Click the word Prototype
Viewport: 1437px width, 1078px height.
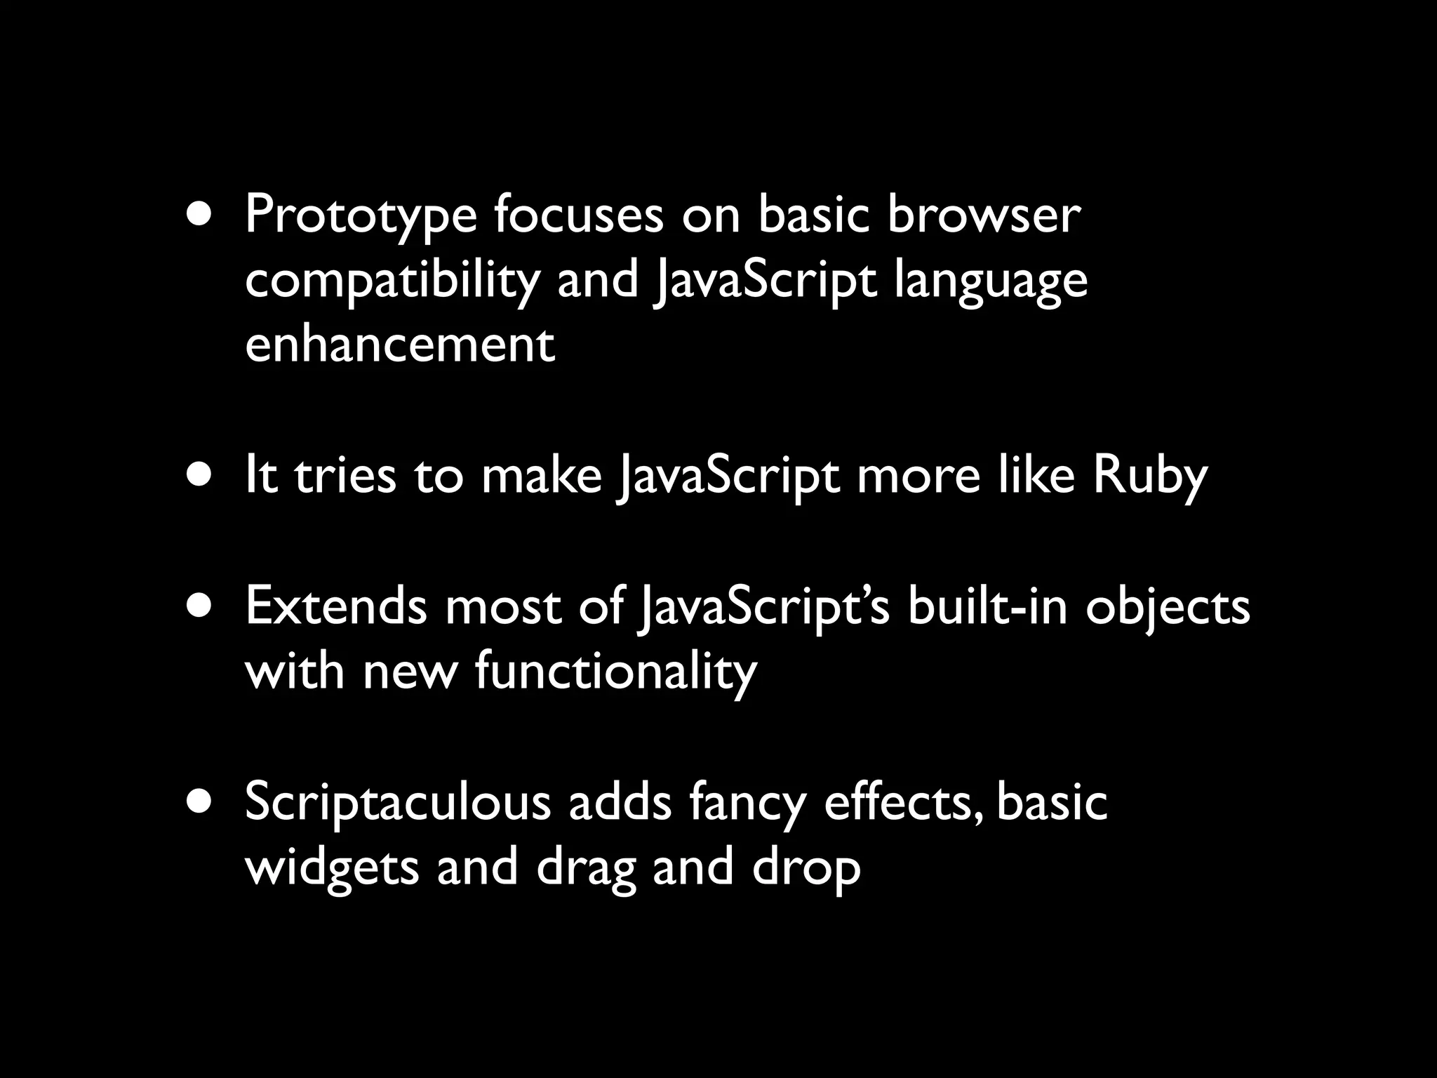coord(360,216)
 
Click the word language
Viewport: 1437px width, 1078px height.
coord(991,281)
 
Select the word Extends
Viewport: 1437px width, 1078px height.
coord(335,606)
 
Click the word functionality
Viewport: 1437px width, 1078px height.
coord(616,671)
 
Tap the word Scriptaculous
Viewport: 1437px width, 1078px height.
coord(398,803)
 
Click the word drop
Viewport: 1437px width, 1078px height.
coord(806,867)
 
